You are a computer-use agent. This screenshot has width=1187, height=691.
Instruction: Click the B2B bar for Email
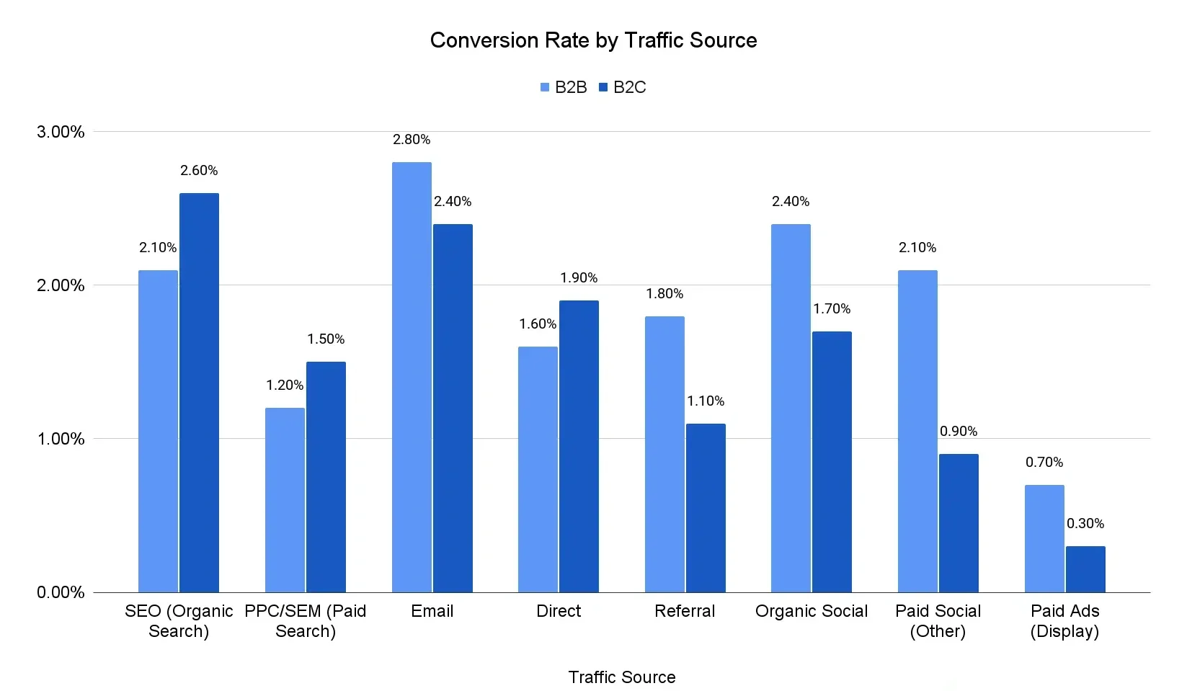coord(412,377)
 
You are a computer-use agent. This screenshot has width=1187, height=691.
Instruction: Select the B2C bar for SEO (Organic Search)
coord(199,393)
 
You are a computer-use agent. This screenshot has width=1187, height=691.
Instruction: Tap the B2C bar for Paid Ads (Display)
coord(1085,569)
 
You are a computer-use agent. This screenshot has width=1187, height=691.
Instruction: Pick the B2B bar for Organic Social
coord(791,408)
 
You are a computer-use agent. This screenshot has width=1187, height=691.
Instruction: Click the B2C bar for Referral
coord(706,508)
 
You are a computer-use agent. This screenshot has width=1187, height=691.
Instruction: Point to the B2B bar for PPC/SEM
coord(285,500)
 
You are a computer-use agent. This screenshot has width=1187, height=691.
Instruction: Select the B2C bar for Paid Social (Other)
coord(959,523)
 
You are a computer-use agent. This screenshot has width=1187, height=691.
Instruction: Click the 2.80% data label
coord(412,140)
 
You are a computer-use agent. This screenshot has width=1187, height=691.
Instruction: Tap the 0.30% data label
coord(1085,524)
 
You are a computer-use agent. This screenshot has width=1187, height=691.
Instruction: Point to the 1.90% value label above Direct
coord(579,278)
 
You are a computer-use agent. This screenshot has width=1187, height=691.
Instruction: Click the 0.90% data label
coord(959,432)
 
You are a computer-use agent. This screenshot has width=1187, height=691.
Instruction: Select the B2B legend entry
coord(564,87)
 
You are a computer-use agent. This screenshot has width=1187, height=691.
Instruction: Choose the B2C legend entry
coord(623,87)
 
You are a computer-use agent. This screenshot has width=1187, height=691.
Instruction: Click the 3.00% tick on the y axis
coord(61,132)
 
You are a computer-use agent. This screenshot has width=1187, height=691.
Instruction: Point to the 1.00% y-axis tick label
coord(61,439)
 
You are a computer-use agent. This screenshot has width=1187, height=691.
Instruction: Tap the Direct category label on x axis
coord(559,611)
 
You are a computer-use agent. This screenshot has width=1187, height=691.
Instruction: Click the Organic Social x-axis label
coord(812,611)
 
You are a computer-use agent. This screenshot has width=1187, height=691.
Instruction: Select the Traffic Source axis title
coord(621,677)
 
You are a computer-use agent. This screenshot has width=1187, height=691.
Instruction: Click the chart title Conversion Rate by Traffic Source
coord(593,40)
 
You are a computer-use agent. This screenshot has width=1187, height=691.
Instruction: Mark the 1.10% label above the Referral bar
coord(706,401)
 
